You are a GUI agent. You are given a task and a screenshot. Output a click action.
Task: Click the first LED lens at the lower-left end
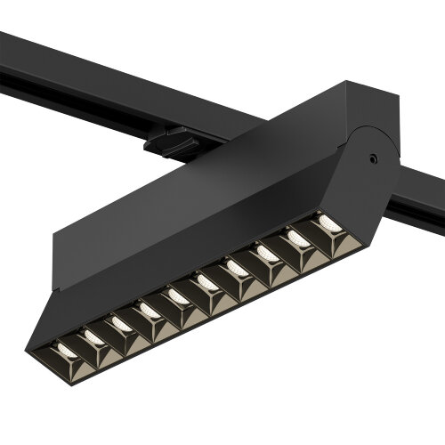point(68,352)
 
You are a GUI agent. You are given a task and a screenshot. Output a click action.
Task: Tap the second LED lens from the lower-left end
point(94,337)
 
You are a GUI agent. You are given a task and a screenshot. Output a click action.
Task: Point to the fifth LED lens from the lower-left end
point(178,296)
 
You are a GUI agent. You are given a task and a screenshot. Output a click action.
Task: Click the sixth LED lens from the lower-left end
point(206,282)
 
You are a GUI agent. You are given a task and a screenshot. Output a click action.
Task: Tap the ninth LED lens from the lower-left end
point(297,238)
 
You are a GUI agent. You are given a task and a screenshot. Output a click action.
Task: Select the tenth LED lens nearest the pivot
point(328,222)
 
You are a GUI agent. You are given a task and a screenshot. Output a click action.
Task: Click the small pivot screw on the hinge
point(374,159)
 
